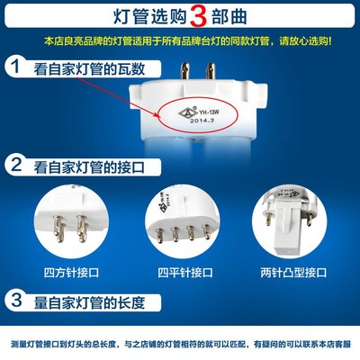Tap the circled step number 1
coord(15,66)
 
